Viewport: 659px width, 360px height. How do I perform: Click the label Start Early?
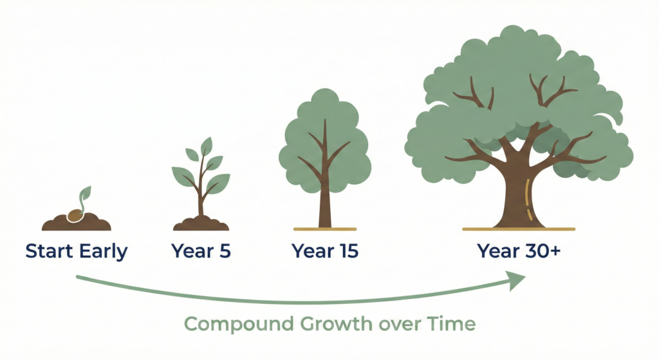(77, 251)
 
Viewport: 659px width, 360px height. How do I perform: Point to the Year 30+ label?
(519, 251)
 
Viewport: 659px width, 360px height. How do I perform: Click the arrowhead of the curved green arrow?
(516, 279)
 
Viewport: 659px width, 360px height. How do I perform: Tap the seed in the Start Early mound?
(77, 214)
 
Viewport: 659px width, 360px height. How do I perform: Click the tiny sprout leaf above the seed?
(86, 193)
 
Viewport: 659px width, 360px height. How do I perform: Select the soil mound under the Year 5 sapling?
(201, 224)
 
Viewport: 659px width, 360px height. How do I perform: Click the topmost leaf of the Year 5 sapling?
(207, 146)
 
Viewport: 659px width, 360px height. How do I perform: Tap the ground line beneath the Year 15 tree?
(325, 229)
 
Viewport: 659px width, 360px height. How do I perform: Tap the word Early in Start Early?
(104, 251)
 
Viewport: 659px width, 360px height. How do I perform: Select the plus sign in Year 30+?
(554, 250)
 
